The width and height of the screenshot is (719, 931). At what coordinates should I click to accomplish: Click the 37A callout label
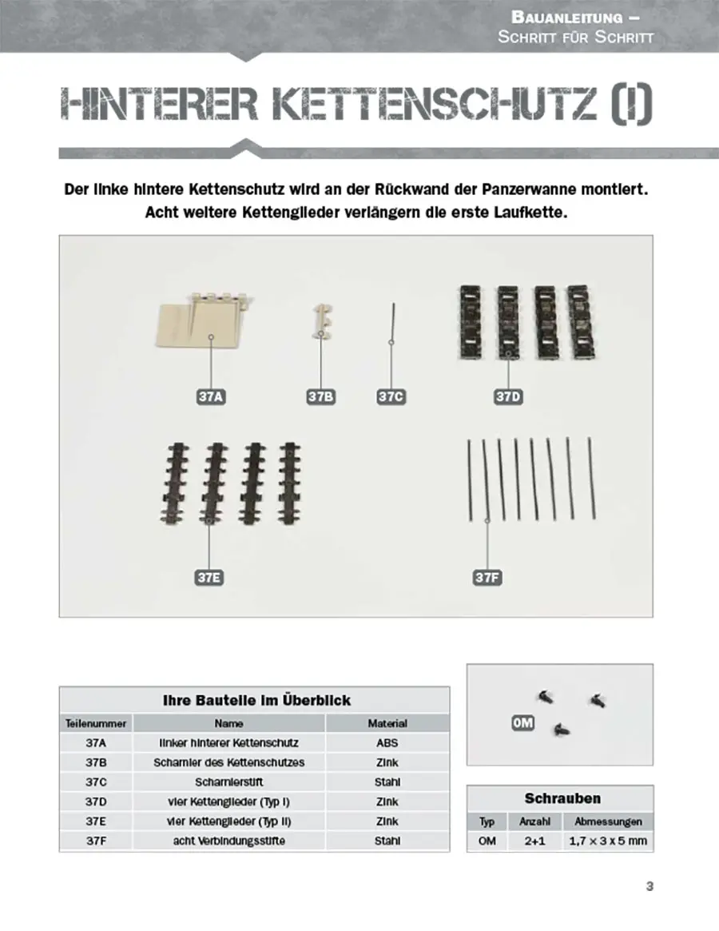pos(209,396)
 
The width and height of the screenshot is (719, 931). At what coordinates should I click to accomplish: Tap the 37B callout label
pos(320,396)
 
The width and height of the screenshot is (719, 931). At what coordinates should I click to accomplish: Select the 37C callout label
pos(391,396)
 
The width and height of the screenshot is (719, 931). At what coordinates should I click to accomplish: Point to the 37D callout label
pos(508,396)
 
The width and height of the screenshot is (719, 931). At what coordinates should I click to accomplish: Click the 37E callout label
pos(209,577)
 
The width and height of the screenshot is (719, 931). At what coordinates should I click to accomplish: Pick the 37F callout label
pos(487,577)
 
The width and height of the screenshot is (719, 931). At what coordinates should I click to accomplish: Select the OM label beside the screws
pos(522,723)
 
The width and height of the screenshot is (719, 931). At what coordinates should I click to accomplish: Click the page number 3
pos(649,885)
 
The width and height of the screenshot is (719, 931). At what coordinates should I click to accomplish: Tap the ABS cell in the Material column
pos(387,742)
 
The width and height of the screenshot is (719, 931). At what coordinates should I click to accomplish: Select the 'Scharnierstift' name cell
pos(228,782)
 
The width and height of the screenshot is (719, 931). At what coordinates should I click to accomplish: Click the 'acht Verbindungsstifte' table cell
pos(228,841)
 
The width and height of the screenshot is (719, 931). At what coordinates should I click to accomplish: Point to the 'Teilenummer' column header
pos(96,723)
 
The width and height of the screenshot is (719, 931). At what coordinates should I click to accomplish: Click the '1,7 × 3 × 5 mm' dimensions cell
pos(608,841)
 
